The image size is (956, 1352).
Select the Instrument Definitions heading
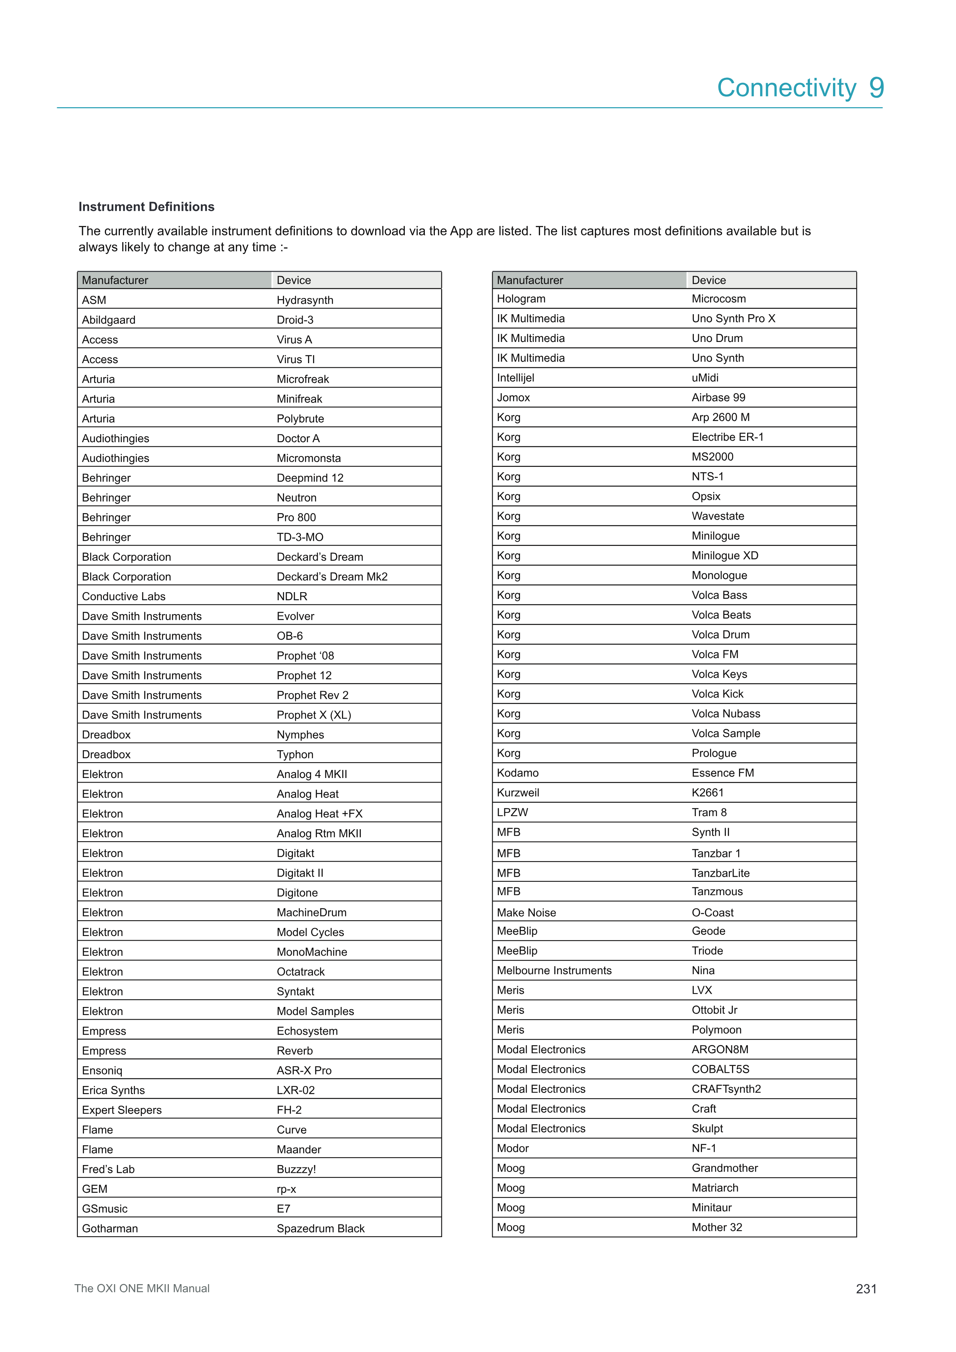coord(146,207)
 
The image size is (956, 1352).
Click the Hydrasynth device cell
coord(305,300)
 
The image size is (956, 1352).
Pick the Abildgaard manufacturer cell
coord(109,320)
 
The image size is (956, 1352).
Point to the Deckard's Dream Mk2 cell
coord(332,576)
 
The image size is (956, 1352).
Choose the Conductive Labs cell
coord(124,596)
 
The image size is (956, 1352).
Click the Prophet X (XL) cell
coord(314,715)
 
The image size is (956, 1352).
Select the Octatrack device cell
coord(301,971)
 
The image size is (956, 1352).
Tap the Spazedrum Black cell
coord(321,1228)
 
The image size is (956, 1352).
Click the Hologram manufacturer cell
coord(521,298)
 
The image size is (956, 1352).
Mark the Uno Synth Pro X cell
coord(734,318)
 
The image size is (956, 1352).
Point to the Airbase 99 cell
coord(718,397)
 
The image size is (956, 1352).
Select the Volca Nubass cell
coord(726,714)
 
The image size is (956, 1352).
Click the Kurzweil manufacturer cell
coord(518,793)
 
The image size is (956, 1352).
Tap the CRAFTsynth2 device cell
coord(726,1089)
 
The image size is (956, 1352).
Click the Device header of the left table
coord(294,280)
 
